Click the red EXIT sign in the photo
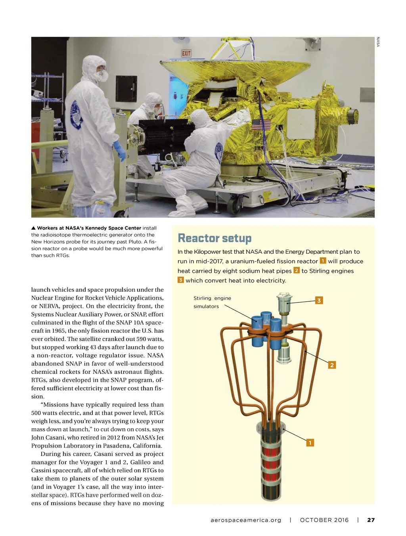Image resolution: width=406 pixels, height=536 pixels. tap(186, 53)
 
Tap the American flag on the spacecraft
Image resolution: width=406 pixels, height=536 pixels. tap(261, 125)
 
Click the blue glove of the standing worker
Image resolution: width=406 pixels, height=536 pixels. tap(119, 150)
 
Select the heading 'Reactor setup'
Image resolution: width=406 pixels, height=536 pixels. tap(214, 238)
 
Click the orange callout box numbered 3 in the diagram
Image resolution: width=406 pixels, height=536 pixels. tap(319, 301)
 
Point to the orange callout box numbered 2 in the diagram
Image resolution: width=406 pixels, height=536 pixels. tap(332, 365)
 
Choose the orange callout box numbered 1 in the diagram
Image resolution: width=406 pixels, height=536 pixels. tap(310, 443)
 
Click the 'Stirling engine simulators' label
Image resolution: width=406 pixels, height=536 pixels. tap(212, 302)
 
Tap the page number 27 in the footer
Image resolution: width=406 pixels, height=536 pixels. tap(371, 520)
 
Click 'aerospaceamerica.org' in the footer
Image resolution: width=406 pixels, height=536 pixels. tap(246, 520)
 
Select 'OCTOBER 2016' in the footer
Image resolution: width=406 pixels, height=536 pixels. tap(324, 520)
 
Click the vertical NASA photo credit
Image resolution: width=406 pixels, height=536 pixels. tap(378, 42)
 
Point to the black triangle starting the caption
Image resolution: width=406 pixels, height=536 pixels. tap(34, 228)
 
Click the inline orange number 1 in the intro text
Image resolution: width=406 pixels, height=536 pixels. tap(323, 261)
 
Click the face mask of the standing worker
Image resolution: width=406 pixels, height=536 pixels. tap(102, 76)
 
